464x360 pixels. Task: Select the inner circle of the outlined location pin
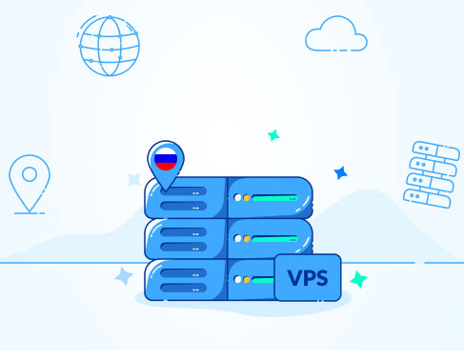(x=30, y=174)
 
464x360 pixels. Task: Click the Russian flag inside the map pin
(x=166, y=159)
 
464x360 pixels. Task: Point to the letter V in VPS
(x=294, y=278)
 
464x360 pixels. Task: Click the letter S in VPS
(x=321, y=278)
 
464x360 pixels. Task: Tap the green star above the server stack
(x=273, y=135)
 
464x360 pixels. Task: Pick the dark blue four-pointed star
(x=341, y=173)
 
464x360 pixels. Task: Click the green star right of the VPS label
(x=358, y=279)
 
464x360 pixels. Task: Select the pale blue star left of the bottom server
(x=124, y=276)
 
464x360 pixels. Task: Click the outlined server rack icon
(x=432, y=174)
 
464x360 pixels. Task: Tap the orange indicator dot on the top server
(x=247, y=198)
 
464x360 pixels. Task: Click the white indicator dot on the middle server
(x=237, y=238)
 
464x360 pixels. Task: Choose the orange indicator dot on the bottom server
(x=247, y=280)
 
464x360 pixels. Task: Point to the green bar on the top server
(x=275, y=198)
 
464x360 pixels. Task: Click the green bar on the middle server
(x=275, y=239)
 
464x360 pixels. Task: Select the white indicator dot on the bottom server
(x=237, y=280)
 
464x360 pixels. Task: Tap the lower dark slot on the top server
(x=184, y=206)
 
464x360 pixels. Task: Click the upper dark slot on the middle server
(x=184, y=232)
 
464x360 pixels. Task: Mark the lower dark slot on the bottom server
(x=184, y=288)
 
